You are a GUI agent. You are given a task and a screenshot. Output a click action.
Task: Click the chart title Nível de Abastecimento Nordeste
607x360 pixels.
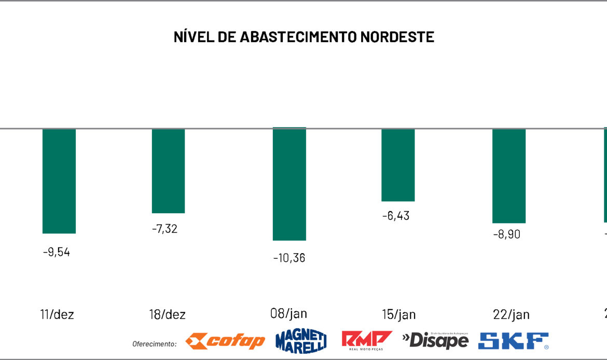(x=303, y=37)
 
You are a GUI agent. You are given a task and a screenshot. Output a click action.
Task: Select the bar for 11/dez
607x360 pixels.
(x=59, y=181)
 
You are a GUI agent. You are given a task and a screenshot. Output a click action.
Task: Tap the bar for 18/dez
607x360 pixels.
(x=168, y=171)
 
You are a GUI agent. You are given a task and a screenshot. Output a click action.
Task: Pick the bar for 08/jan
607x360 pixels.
(x=289, y=184)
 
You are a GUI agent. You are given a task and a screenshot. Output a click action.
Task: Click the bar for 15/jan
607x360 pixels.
(x=398, y=165)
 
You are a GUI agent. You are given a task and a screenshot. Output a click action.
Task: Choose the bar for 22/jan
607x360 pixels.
(x=509, y=176)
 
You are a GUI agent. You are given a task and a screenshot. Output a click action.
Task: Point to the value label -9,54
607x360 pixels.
(x=57, y=253)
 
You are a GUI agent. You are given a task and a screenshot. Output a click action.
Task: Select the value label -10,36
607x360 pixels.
(x=289, y=258)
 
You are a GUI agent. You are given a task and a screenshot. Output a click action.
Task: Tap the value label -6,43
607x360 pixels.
(x=396, y=216)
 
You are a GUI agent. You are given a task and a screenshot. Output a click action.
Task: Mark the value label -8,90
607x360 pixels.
(x=506, y=234)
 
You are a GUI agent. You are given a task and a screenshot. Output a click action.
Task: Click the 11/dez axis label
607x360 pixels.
(x=57, y=314)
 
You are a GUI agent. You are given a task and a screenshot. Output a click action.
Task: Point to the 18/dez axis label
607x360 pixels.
(x=167, y=315)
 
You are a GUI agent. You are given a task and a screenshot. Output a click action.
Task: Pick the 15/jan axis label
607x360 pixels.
(x=398, y=315)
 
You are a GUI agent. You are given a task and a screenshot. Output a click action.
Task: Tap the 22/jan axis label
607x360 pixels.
(x=512, y=315)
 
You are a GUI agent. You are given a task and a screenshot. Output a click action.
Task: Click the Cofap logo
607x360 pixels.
(x=225, y=341)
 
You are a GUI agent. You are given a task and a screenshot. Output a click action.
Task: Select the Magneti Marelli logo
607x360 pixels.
(x=301, y=341)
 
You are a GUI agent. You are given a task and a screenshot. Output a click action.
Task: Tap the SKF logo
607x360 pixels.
(x=513, y=341)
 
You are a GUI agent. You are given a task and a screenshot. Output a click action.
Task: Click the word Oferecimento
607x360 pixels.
(x=154, y=343)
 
